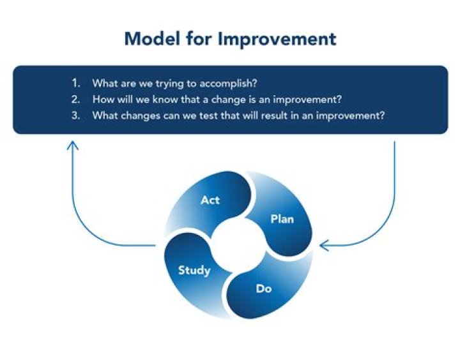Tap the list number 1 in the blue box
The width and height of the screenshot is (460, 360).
(76, 83)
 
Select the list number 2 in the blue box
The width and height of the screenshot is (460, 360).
(76, 100)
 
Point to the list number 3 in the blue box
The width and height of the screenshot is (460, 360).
(76, 116)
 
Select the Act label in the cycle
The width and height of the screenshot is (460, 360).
(210, 200)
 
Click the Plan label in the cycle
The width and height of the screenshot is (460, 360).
(282, 219)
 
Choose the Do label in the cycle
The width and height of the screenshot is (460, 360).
(264, 289)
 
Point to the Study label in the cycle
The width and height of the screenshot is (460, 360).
(194, 270)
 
